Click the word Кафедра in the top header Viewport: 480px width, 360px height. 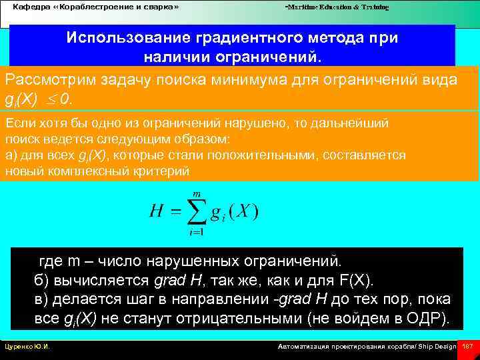(x=31, y=7)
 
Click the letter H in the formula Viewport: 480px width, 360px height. (x=157, y=212)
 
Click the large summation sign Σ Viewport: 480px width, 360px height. (x=197, y=212)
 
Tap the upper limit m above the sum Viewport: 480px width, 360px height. (x=197, y=193)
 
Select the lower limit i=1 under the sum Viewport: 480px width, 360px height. (x=197, y=233)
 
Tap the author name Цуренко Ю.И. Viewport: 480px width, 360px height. (x=28, y=347)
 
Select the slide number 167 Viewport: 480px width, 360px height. (x=467, y=347)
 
